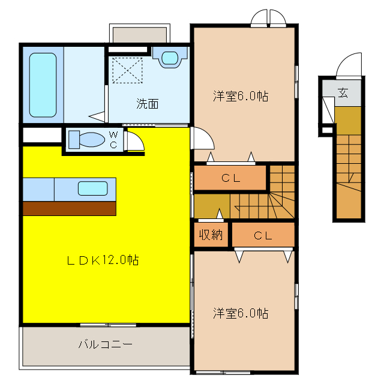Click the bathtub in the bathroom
point(43,84)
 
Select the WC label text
point(113,140)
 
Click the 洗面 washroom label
point(147,103)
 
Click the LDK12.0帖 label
point(103,260)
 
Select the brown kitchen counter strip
point(69,208)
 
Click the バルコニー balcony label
point(104,345)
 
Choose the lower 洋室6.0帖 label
point(240,313)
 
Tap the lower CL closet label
point(263,236)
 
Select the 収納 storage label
point(211,235)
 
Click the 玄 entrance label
point(343,93)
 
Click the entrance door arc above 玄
point(349,65)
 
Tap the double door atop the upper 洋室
point(269,19)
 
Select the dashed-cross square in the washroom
point(127,70)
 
